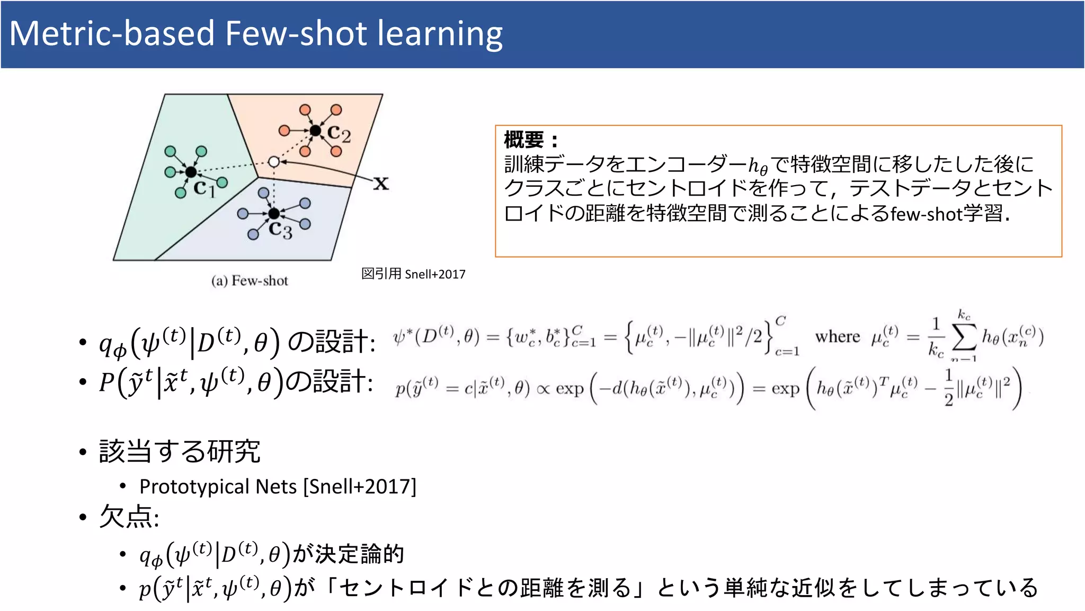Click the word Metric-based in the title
[111, 34]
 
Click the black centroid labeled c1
[191, 172]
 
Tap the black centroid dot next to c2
[316, 130]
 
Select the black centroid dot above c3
[274, 213]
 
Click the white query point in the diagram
[273, 162]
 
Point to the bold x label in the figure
[381, 184]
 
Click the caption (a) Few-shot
[250, 281]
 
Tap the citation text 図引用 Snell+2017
[413, 274]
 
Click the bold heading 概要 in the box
[523, 140]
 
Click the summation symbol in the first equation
[964, 337]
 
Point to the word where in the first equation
[837, 337]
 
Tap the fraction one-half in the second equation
[948, 388]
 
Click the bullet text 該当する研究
[180, 451]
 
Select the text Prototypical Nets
[218, 486]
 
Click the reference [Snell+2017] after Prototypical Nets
[360, 486]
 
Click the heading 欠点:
[129, 517]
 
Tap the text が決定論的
[349, 554]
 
